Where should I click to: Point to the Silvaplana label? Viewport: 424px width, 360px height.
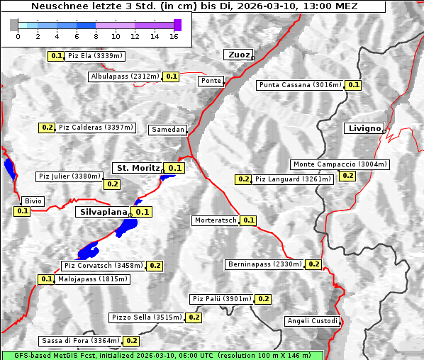point(103,212)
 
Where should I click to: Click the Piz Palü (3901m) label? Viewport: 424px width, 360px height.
point(221,299)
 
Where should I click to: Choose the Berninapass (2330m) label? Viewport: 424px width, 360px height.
point(265,264)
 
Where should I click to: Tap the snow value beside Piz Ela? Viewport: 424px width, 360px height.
point(56,55)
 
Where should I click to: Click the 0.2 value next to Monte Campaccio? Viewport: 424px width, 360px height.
point(347,176)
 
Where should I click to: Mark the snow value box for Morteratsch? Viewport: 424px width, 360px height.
point(249,220)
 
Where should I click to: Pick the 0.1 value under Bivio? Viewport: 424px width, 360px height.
point(22,211)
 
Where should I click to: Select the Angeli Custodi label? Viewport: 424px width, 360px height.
point(313,321)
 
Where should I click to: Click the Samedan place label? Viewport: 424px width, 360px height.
point(168,130)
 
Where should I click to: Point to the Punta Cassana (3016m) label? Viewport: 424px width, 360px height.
point(300,85)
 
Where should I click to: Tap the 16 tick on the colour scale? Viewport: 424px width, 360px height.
point(174,35)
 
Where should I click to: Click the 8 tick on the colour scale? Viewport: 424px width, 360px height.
point(96,35)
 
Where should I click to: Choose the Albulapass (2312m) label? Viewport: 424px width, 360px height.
point(125,76)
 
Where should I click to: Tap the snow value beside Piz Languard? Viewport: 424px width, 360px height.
point(244,179)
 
